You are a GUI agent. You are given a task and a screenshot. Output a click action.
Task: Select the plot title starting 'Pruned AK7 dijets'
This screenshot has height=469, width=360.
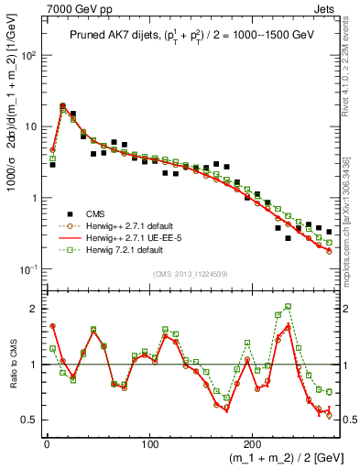tap(181, 36)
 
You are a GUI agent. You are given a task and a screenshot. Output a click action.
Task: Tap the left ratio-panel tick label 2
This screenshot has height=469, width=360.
tap(33, 309)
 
